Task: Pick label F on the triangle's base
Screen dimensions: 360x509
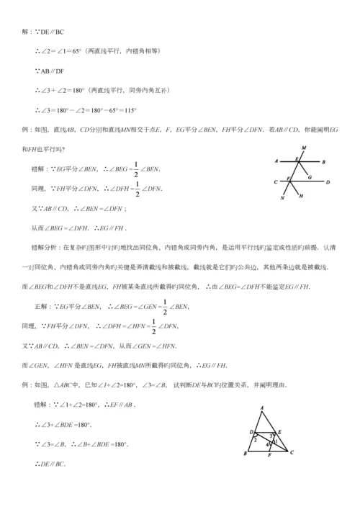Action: pos(269,456)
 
